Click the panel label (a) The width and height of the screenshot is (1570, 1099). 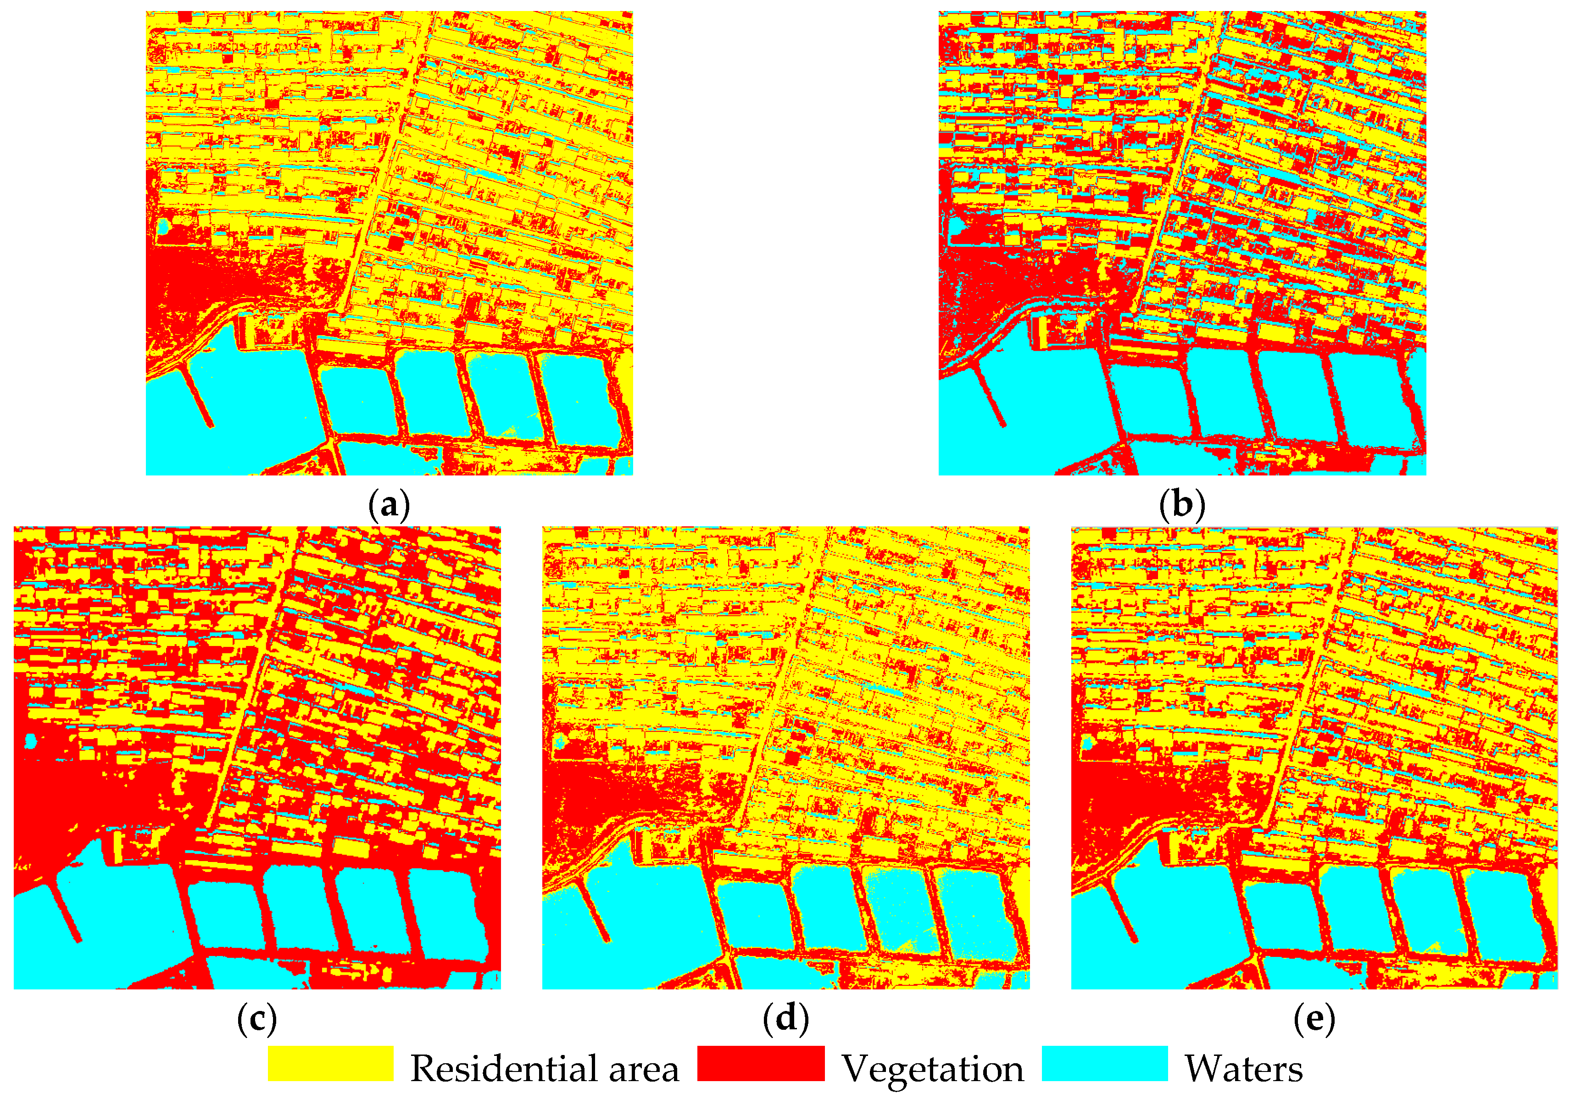(x=389, y=505)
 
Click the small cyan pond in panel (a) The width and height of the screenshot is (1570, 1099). (x=163, y=226)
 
